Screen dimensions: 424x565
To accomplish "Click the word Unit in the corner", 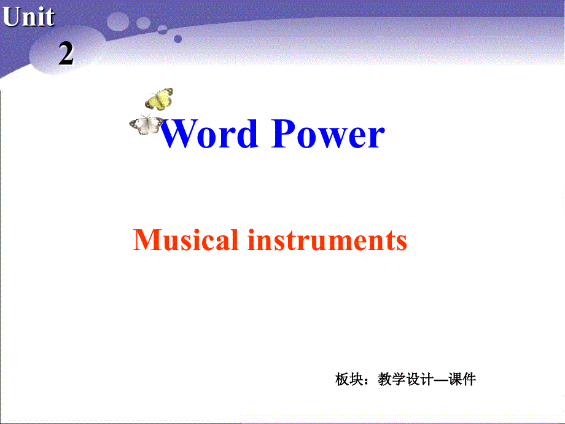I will click(x=28, y=17).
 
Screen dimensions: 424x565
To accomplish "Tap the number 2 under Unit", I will click(x=66, y=55).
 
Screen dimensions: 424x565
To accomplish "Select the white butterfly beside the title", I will click(x=146, y=124).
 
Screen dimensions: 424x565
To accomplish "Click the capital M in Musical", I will click(x=146, y=240).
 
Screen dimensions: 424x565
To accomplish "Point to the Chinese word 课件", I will click(x=463, y=380).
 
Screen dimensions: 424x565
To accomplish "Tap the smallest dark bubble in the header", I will click(x=177, y=39).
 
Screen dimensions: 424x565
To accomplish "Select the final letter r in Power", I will click(x=376, y=136).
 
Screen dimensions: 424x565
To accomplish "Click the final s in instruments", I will click(x=401, y=242).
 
